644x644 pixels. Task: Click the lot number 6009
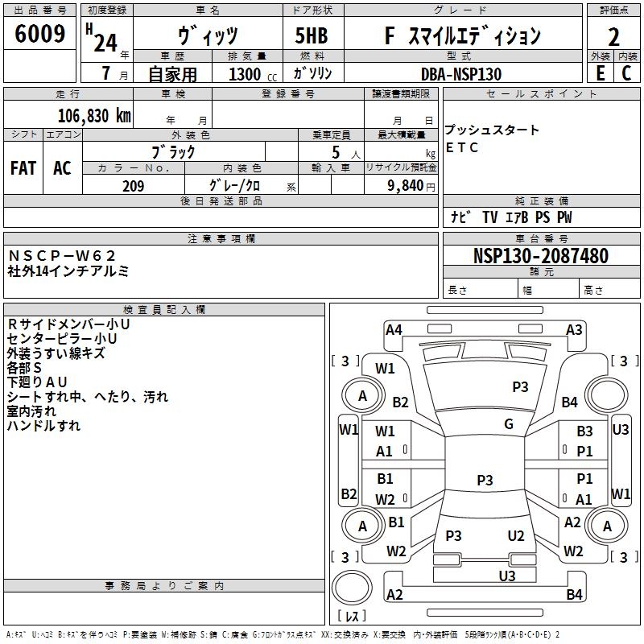point(39,33)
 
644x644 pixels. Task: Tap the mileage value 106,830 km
point(94,116)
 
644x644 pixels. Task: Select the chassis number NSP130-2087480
point(540,255)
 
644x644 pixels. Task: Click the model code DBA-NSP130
point(461,74)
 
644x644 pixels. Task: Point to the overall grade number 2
point(613,37)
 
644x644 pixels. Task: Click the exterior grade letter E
point(601,73)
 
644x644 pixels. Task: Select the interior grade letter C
point(626,73)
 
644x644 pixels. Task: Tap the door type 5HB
point(312,35)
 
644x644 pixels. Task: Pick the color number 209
point(133,186)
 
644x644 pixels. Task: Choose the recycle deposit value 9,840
point(405,186)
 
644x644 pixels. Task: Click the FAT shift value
point(23,168)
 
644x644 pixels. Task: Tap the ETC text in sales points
point(461,147)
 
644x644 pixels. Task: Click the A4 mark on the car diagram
point(394,330)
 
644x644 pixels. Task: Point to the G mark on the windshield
point(509,424)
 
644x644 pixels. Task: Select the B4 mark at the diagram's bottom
point(574,594)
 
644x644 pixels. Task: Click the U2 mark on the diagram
point(516,536)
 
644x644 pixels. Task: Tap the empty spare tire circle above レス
point(352,588)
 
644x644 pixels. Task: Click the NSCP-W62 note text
point(62,256)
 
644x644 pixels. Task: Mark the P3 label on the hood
point(520,387)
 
